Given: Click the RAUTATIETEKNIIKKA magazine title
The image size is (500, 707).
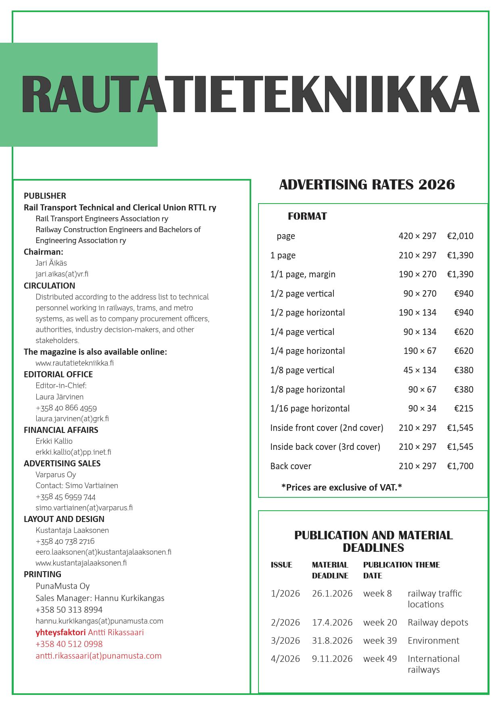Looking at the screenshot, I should click(x=250, y=94).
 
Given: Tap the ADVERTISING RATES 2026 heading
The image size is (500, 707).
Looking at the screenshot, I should click(x=367, y=185).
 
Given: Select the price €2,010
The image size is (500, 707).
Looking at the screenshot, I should click(x=460, y=236).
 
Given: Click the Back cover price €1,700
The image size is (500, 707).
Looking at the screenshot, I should click(x=460, y=466).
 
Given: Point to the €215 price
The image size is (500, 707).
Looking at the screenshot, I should click(x=464, y=408).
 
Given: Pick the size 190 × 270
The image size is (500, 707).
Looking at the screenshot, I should click(x=417, y=274).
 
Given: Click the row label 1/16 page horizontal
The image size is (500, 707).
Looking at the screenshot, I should click(x=310, y=408).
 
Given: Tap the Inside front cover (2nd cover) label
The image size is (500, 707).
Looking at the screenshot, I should click(x=327, y=428).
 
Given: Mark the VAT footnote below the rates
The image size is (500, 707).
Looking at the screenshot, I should click(x=342, y=487).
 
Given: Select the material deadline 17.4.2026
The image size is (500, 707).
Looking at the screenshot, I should click(x=332, y=622).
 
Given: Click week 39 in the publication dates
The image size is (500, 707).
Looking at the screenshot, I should click(x=380, y=640).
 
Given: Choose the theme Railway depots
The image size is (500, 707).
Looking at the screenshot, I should click(x=438, y=622).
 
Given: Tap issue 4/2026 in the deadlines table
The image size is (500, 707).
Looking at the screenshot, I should click(x=285, y=659).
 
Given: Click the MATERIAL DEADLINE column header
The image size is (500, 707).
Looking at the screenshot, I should click(x=330, y=570).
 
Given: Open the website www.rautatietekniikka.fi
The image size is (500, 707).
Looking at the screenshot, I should click(x=75, y=363).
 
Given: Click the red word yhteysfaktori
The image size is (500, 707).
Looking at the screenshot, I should click(x=60, y=632).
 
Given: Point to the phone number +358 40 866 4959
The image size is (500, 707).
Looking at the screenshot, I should click(x=66, y=408).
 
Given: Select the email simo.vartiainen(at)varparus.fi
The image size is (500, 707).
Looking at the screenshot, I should click(x=84, y=507).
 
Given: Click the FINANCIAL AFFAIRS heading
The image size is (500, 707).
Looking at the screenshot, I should click(x=61, y=430).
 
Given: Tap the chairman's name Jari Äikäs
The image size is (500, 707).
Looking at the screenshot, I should click(x=51, y=263).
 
